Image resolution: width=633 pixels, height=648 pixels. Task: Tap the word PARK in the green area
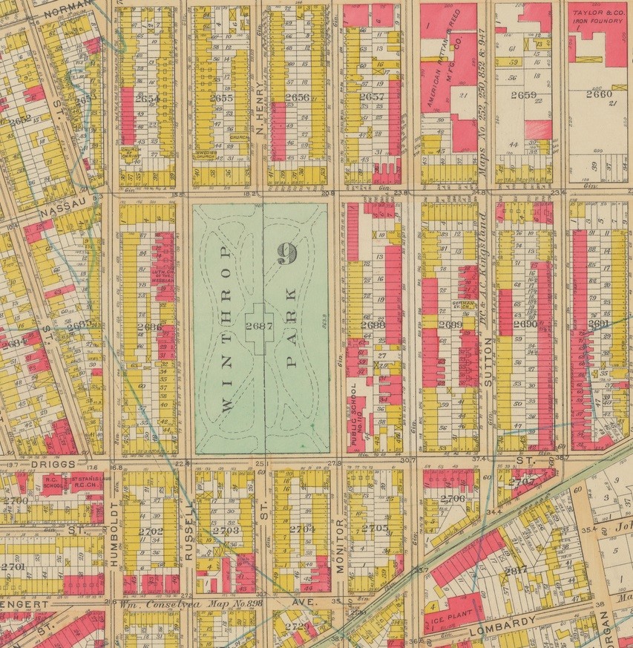[x=290, y=330]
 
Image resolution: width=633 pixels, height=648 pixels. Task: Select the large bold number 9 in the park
[x=287, y=253]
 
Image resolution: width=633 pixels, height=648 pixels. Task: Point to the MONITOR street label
[x=341, y=542]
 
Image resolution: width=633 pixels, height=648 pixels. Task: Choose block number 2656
[x=296, y=96]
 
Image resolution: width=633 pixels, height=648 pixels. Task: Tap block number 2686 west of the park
[x=149, y=327]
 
